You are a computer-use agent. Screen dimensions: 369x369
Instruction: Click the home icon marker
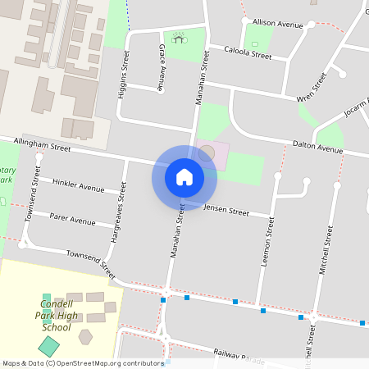[x=184, y=177]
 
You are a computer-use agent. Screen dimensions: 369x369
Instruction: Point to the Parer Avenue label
[x=72, y=221]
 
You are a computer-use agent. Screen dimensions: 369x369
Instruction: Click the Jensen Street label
[x=226, y=212]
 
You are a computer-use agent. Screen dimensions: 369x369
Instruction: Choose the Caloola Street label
[x=248, y=53]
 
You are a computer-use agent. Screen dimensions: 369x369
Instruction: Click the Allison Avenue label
[x=278, y=25]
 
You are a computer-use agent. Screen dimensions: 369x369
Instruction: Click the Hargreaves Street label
[x=117, y=219]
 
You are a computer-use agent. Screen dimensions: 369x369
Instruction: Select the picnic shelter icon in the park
[x=178, y=36]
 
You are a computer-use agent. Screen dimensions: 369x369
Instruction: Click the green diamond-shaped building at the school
[x=49, y=345]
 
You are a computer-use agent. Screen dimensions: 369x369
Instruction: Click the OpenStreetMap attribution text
[x=84, y=362]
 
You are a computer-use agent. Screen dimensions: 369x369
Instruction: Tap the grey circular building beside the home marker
[x=207, y=153]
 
